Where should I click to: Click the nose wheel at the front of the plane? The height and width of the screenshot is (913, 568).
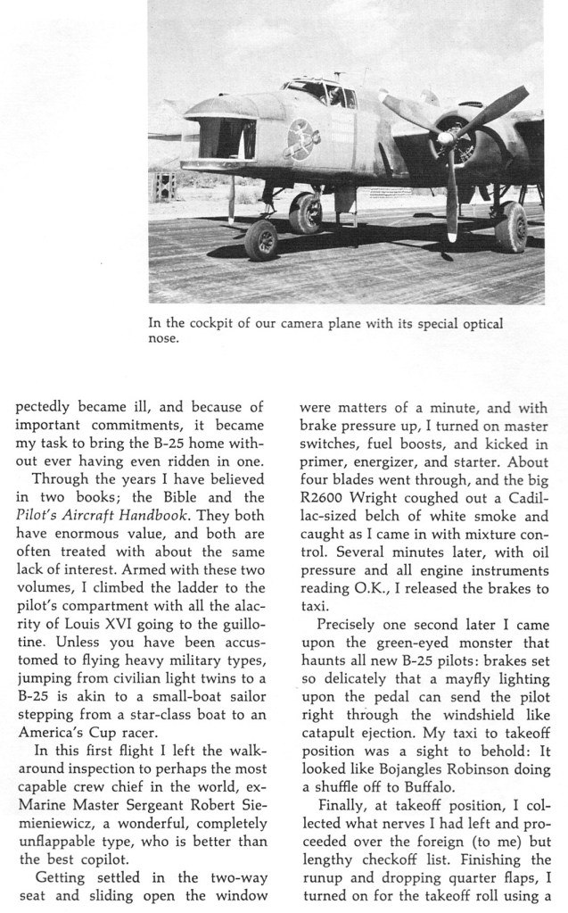262,239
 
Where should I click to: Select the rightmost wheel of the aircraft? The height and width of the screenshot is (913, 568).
511,227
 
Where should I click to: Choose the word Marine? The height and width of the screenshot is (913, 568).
38,786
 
